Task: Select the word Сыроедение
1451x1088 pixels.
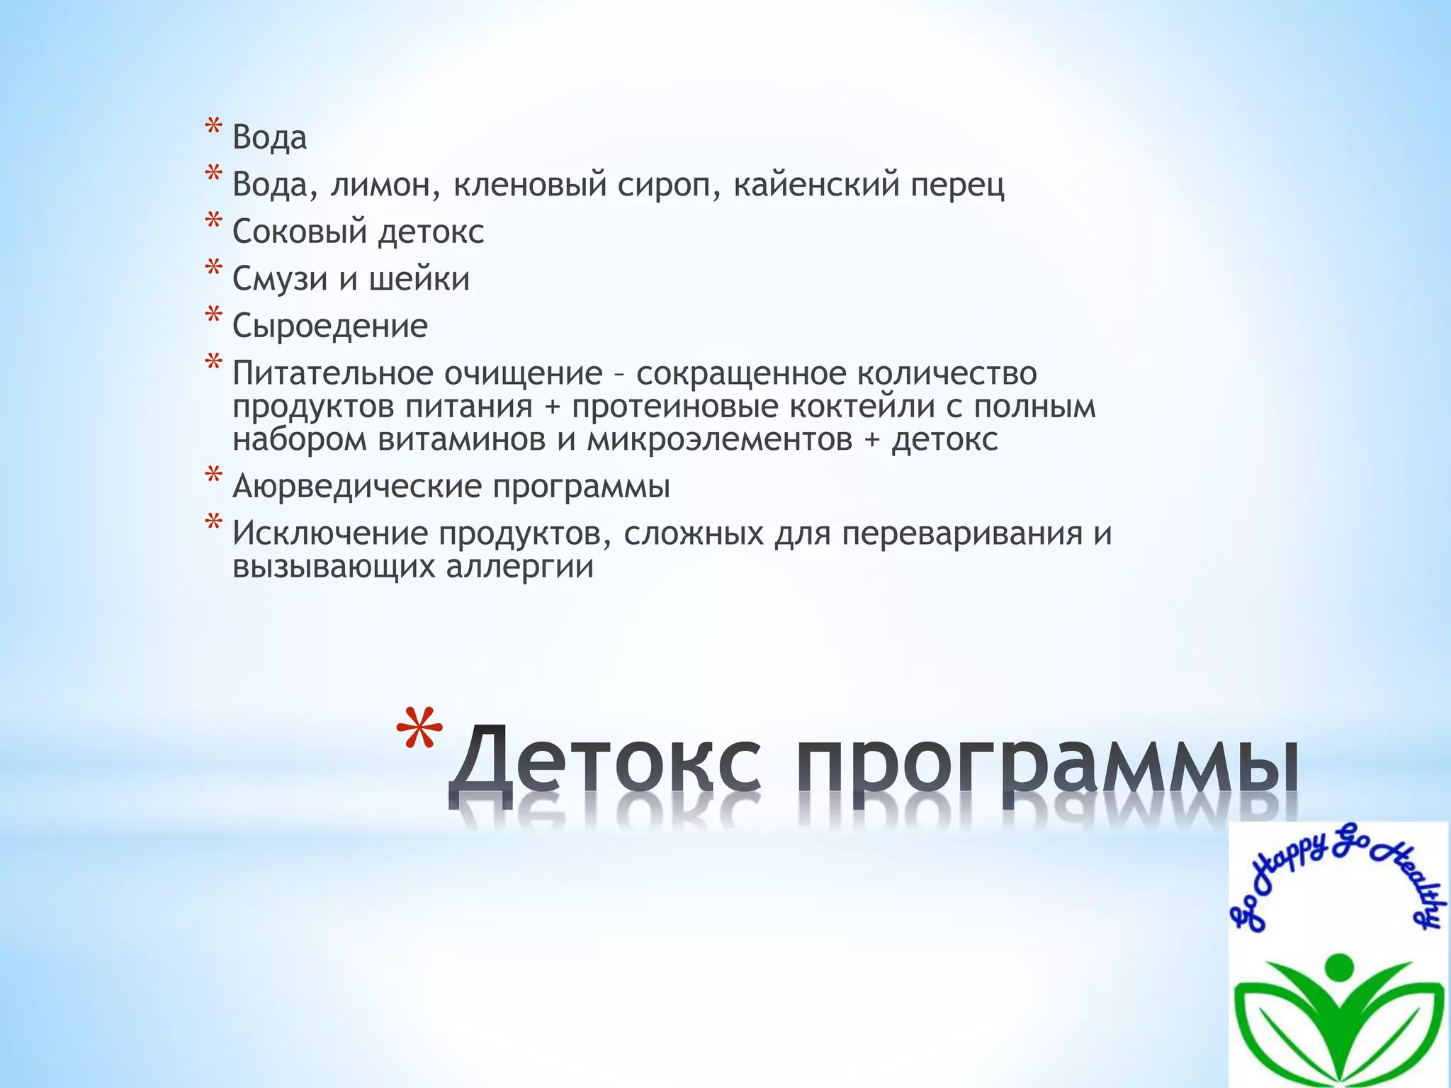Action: tap(330, 327)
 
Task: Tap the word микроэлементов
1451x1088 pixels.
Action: tap(719, 440)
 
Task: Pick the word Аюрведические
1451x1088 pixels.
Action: tap(358, 487)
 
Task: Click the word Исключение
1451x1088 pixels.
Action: tap(330, 534)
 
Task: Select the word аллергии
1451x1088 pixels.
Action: tap(520, 567)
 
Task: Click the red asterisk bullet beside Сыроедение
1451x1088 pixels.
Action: tap(213, 316)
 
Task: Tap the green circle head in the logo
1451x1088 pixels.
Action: tap(1338, 965)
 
